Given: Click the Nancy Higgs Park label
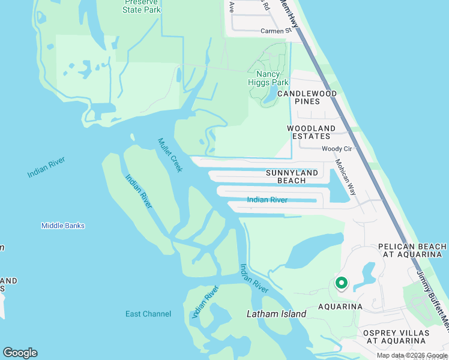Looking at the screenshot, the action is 268,79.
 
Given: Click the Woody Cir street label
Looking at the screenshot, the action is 336,148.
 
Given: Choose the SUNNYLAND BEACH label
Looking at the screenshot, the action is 292,176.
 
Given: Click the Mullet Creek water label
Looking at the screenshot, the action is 170,155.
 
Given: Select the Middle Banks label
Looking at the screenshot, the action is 63,226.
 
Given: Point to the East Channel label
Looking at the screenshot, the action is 148,314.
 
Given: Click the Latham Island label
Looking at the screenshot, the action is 277,314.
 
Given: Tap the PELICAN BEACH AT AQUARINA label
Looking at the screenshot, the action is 412,250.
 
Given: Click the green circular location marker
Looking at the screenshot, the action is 341,283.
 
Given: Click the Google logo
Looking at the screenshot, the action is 20,353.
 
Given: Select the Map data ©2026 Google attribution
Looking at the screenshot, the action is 412,355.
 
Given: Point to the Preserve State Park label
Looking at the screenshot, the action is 141,7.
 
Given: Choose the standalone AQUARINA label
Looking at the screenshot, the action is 340,307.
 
